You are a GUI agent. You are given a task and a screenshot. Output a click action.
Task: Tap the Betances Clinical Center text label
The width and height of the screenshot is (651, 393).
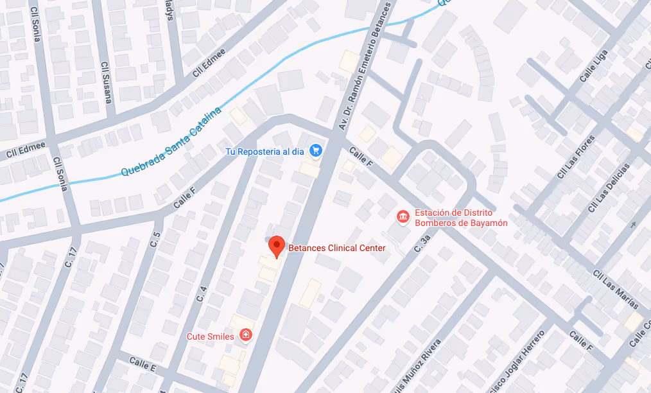point(336,248)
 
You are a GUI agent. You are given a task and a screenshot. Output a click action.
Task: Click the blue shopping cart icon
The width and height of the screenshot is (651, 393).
point(315,151)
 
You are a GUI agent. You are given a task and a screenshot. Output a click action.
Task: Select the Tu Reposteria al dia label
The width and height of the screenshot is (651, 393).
point(265,152)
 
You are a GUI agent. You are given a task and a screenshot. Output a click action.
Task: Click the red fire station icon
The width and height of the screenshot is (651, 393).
point(403,218)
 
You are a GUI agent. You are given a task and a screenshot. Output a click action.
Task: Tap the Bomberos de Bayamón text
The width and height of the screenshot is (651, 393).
point(461,223)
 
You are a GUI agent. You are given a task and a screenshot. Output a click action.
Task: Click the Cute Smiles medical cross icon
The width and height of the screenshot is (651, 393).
point(245,335)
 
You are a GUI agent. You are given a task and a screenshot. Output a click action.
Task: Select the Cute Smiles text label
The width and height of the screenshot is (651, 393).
point(210,336)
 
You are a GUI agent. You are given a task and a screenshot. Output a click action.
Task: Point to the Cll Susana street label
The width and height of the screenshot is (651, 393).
point(107,82)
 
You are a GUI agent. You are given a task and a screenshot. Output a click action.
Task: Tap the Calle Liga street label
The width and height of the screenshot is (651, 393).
point(593,67)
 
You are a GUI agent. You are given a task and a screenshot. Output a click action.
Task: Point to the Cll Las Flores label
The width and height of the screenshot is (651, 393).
point(576,157)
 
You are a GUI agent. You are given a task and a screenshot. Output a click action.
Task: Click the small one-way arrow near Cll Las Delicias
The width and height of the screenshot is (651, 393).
point(634,224)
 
